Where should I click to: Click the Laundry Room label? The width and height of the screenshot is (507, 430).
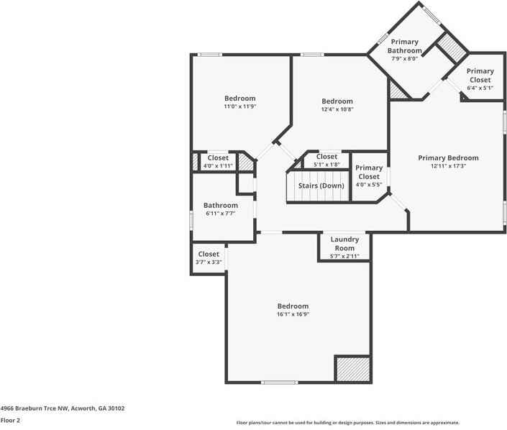(344, 244)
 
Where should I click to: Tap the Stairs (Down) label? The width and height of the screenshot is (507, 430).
(321, 186)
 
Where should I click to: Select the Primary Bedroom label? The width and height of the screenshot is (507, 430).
(448, 158)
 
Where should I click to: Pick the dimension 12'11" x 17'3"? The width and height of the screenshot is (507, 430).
(448, 166)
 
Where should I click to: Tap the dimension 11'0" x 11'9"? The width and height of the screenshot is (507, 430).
(239, 106)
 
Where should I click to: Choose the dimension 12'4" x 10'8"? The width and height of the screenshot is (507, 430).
(337, 109)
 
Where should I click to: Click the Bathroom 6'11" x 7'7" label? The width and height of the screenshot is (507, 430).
(220, 209)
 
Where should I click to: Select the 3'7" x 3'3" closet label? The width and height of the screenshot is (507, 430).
(209, 258)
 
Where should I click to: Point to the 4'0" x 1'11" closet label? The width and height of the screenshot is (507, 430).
(218, 162)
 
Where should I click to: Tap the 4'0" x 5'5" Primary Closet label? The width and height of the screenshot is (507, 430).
(369, 176)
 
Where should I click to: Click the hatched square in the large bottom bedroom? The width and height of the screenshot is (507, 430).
(352, 368)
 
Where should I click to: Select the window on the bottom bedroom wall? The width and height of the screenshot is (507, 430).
(279, 383)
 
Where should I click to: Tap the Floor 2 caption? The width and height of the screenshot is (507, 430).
(10, 421)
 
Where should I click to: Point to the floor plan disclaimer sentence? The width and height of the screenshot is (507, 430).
(347, 423)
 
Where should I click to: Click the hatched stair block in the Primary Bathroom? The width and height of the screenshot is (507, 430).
(453, 48)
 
